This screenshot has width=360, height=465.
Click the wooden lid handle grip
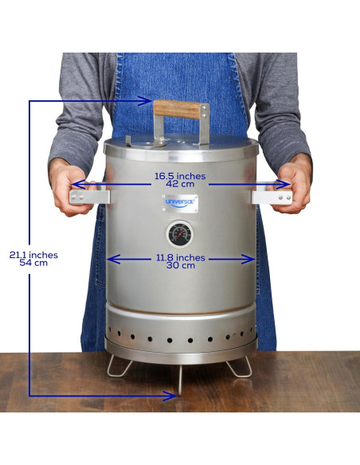(x=177, y=109)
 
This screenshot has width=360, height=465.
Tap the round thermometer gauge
(x=180, y=234)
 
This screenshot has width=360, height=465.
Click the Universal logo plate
(x=180, y=203)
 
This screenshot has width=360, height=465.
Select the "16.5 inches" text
(x=180, y=176)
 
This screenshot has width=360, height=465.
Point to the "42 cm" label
(x=180, y=184)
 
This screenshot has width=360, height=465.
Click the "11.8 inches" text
(x=181, y=258)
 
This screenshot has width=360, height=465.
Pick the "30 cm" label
(x=181, y=265)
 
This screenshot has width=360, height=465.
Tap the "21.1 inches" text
(x=33, y=255)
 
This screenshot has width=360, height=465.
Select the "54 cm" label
(x=33, y=263)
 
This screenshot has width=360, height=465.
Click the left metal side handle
(x=89, y=197)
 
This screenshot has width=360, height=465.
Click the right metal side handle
(x=272, y=197)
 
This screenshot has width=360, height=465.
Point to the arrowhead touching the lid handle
(x=146, y=101)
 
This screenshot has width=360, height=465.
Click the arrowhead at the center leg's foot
(x=170, y=396)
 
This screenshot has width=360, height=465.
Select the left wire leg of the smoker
(x=119, y=366)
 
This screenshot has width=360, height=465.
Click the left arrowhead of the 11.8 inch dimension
(x=113, y=260)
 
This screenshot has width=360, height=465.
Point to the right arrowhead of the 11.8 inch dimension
(x=248, y=260)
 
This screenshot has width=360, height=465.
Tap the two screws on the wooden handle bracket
(x=204, y=111)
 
